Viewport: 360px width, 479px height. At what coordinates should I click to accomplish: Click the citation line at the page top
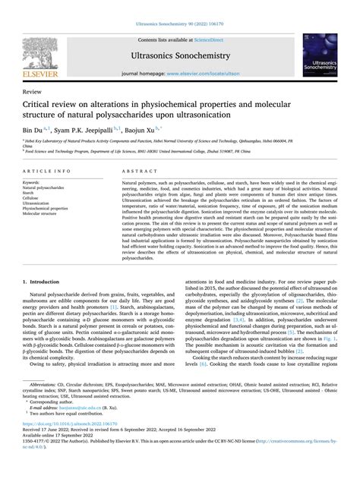pos(180,25)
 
